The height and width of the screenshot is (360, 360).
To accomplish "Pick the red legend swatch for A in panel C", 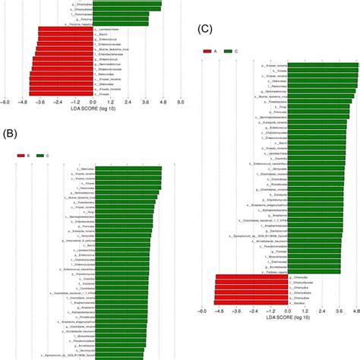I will [x=208, y=52].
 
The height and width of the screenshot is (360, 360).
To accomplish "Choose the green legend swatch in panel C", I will [x=229, y=52].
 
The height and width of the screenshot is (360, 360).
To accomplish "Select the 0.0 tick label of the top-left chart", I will [x=92, y=101].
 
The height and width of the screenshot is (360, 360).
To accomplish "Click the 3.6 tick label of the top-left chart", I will [x=144, y=101].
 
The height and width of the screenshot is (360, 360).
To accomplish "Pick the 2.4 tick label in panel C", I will [x=322, y=311].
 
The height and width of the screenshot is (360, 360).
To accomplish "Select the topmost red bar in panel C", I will [x=251, y=277].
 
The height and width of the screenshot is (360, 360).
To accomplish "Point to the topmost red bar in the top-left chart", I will [x=65, y=29].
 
